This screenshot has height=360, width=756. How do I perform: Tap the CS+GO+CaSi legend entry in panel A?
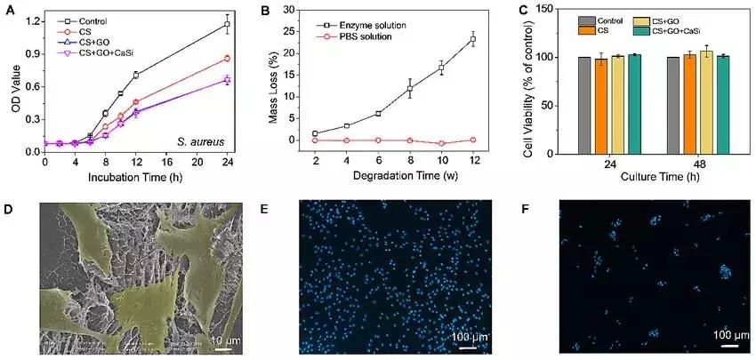click(x=99, y=54)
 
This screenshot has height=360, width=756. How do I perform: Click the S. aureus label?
click(x=209, y=140)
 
